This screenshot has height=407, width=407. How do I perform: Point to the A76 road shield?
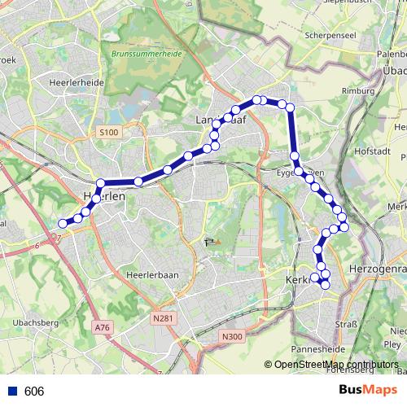[102, 327]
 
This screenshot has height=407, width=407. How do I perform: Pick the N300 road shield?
[232, 335]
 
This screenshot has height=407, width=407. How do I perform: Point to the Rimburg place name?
[357, 90]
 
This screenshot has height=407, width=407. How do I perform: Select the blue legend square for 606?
[12, 392]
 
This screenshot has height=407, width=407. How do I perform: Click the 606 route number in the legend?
[34, 392]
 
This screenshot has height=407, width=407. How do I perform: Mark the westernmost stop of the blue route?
[63, 223]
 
